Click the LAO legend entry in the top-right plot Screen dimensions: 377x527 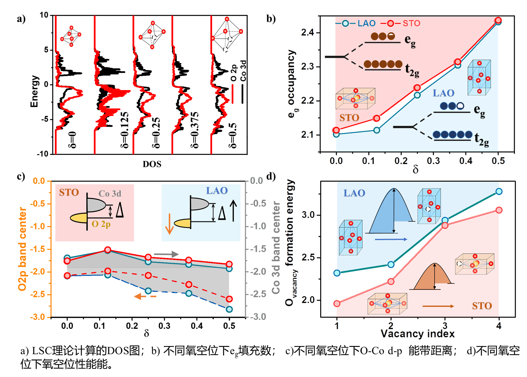tap(366, 23)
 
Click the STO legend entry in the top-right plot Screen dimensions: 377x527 tap(411, 23)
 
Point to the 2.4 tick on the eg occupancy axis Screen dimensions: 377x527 tap(307, 32)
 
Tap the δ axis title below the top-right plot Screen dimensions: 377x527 tap(416, 170)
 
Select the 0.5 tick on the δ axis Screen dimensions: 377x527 tap(498, 161)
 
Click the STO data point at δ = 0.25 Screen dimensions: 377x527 tap(417, 87)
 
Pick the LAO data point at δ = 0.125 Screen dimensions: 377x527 tap(377, 130)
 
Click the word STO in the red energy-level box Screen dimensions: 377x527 tap(69, 192)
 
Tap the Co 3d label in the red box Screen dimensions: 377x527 tap(110, 193)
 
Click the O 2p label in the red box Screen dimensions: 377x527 tap(101, 224)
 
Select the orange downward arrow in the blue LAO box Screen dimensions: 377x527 tap(169, 224)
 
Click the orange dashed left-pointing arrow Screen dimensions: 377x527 tap(145, 296)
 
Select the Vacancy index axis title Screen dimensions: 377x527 tap(418, 334)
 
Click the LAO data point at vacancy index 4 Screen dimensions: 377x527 tap(499, 191)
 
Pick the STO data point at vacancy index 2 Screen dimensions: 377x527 tap(391, 281)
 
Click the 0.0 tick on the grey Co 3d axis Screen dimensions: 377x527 tap(257, 181)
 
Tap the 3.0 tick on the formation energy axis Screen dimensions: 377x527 tap(308, 215)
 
